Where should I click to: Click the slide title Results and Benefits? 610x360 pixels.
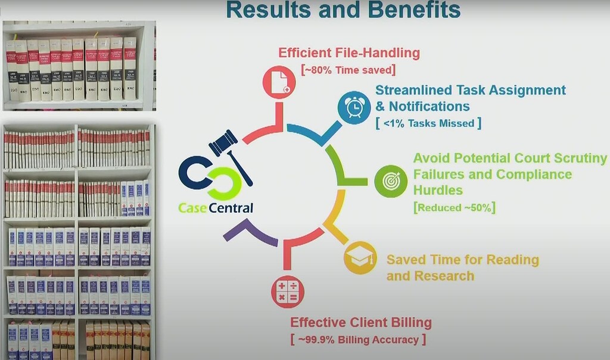(x=344, y=10)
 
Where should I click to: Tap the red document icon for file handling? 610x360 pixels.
(x=279, y=82)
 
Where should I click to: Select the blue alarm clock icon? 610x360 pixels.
(x=354, y=108)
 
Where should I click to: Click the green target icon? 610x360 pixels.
(x=391, y=181)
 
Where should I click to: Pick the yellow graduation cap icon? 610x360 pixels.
(x=360, y=257)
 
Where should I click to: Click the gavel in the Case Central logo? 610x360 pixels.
(x=229, y=153)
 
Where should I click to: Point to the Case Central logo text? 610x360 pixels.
(x=216, y=208)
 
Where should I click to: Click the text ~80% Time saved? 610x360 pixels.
(x=349, y=70)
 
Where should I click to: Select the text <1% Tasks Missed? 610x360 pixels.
(x=428, y=123)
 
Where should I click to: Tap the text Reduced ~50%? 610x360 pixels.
(x=455, y=207)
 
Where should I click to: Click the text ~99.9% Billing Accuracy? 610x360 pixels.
(x=358, y=339)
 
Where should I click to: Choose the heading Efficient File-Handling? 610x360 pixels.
(x=349, y=53)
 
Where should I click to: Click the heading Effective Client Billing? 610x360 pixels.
(x=360, y=323)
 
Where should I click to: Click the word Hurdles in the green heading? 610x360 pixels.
(x=438, y=190)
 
